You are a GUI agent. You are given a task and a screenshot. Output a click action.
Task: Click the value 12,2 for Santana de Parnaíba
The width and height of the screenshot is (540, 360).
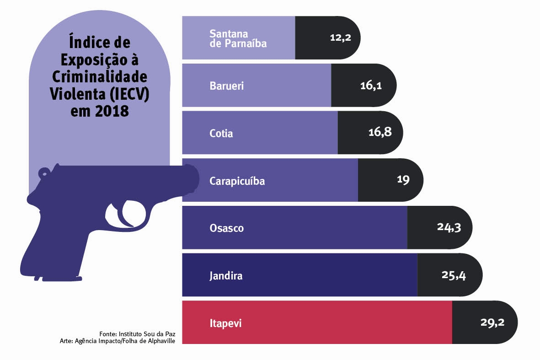340,38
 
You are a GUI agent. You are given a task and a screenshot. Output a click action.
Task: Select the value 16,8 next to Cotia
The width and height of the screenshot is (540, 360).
380,133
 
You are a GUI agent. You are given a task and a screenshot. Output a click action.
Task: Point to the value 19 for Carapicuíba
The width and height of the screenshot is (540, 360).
403,180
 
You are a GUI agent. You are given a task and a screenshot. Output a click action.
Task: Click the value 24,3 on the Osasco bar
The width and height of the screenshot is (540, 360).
449,227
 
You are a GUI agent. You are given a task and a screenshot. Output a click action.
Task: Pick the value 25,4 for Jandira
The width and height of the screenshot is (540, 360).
454,275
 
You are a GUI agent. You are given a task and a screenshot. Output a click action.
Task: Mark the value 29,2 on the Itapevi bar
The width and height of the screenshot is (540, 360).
492,322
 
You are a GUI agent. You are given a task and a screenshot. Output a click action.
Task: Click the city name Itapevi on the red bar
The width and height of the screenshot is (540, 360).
225,323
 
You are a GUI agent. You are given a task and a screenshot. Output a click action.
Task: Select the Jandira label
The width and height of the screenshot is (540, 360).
226,276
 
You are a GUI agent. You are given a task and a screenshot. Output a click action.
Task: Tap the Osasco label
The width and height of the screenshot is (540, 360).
226,228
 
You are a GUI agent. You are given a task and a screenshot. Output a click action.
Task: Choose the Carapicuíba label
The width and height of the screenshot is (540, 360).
237,181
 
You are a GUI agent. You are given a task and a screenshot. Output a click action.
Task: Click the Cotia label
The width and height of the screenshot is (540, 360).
221,134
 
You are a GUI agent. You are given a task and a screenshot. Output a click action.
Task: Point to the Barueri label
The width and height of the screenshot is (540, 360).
227,86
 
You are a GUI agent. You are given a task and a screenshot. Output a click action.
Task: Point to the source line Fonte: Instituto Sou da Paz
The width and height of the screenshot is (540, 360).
137,333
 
